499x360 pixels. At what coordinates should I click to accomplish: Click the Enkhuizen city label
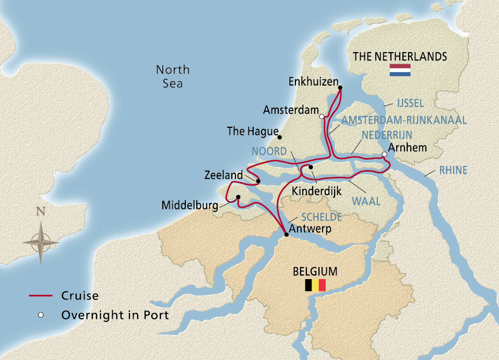(311, 82)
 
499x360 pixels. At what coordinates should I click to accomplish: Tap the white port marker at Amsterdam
(322, 116)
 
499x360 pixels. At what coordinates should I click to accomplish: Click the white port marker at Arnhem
(384, 154)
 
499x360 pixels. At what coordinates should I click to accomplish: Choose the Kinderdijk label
(316, 191)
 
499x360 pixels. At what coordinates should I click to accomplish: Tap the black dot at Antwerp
(286, 235)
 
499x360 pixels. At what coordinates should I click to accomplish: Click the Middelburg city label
(190, 206)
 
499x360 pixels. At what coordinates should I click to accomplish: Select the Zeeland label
(223, 176)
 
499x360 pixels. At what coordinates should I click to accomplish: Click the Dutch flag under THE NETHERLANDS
(400, 70)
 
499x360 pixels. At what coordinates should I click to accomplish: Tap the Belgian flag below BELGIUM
(315, 285)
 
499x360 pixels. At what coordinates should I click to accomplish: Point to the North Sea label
(173, 76)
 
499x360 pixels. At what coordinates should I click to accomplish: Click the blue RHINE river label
(453, 170)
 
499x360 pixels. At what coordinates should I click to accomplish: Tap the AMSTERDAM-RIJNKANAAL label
(404, 120)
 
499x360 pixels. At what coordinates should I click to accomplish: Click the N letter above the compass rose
(40, 211)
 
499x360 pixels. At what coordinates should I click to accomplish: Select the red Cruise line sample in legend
(40, 296)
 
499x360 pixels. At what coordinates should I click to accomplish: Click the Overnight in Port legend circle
(40, 315)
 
